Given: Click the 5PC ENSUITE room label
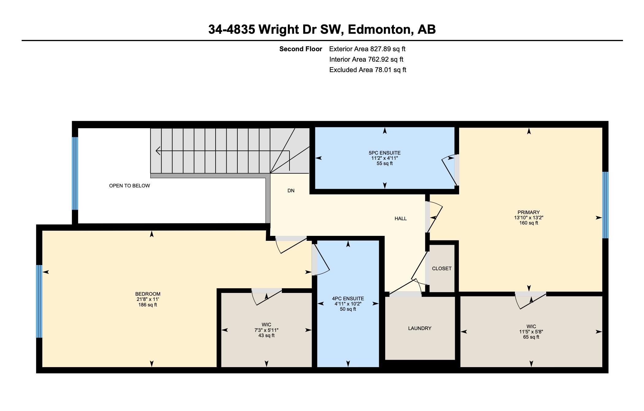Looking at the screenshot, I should (385, 153).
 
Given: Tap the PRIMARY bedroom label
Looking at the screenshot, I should (528, 212).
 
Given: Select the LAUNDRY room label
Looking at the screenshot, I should (420, 328).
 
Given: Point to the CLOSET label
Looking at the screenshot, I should (442, 268).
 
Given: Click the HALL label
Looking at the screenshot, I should (401, 218).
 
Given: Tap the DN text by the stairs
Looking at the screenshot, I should (291, 190).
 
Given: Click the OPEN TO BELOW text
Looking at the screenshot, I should (129, 186).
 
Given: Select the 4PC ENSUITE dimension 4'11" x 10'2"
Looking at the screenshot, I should (348, 304).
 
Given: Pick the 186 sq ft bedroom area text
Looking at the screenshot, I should (148, 305).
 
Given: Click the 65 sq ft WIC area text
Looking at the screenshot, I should (531, 337).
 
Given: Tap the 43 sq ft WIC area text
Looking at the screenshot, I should (266, 336).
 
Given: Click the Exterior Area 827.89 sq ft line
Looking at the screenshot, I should (367, 49).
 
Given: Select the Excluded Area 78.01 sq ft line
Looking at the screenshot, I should (367, 70).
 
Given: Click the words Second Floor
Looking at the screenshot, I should (301, 49).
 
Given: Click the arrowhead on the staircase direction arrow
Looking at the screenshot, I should (158, 151).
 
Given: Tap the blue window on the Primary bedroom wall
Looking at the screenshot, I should (605, 205).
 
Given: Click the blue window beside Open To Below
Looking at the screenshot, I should (75, 173).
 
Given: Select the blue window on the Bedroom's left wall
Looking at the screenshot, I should (39, 301).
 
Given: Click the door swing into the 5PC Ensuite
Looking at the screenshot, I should (448, 172).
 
